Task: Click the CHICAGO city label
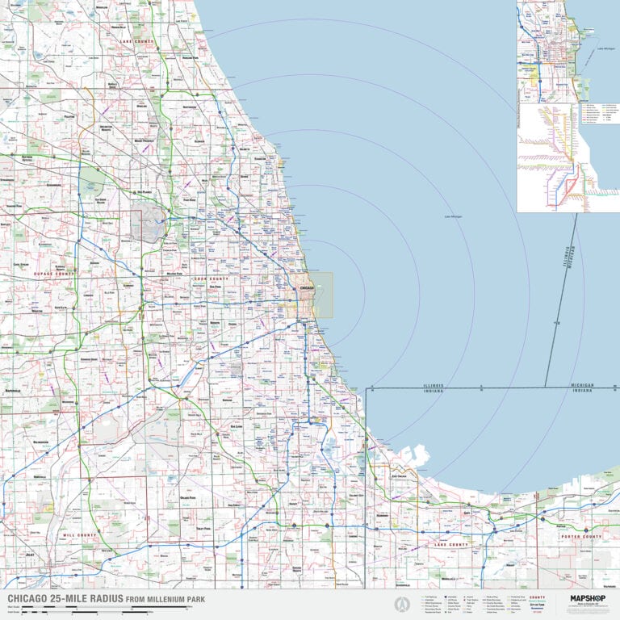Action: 306,287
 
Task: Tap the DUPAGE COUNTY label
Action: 53,274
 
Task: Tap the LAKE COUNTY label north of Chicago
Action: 136,40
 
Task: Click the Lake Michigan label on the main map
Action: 453,216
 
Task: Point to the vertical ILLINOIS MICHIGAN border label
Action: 569,267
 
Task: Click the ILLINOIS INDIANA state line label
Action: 433,387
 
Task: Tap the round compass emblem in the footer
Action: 399,604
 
